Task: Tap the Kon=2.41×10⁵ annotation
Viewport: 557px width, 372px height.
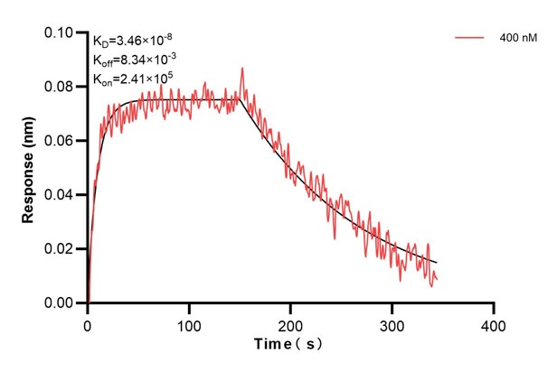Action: click(129, 78)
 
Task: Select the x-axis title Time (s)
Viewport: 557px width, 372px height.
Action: click(289, 344)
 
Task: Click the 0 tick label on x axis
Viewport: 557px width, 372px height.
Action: click(88, 321)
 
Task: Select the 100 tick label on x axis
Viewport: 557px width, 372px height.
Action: click(189, 321)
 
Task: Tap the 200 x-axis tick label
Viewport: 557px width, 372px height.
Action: click(290, 321)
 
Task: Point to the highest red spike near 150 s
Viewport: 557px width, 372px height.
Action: click(241, 68)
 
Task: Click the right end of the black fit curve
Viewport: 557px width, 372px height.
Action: click(437, 263)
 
